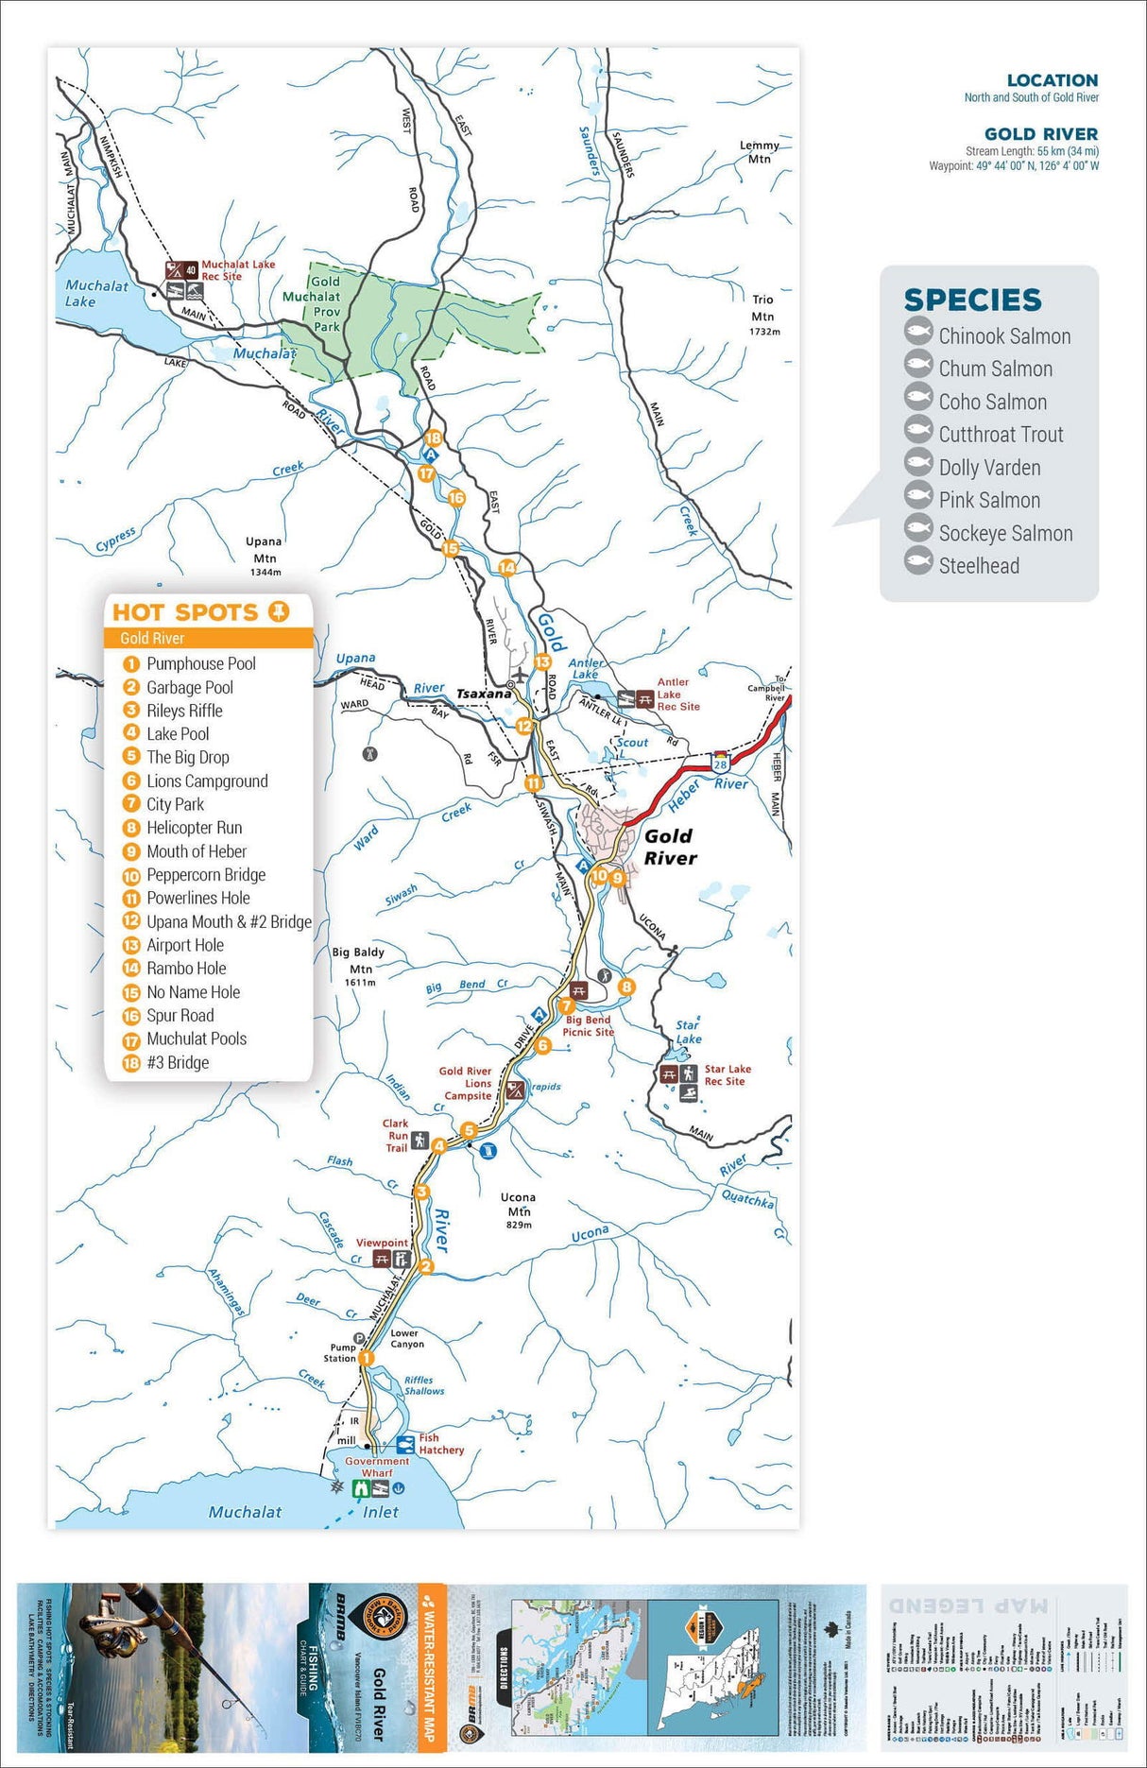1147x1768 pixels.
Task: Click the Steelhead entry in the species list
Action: click(978, 566)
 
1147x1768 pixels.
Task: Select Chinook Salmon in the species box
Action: click(1003, 336)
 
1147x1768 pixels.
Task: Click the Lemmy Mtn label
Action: click(759, 152)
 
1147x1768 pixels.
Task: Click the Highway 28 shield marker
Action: click(720, 764)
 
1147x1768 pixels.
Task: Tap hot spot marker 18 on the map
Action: click(433, 438)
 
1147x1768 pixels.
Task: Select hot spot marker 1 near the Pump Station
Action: click(367, 1358)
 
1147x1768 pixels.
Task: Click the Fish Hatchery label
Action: click(441, 1444)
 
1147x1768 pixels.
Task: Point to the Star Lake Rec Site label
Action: click(727, 1075)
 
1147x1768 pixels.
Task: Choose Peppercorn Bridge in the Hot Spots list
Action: click(206, 875)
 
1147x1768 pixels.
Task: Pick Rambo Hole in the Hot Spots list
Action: click(186, 969)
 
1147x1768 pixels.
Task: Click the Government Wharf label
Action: click(377, 1467)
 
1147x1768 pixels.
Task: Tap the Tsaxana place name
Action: click(484, 694)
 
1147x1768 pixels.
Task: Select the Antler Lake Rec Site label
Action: click(676, 694)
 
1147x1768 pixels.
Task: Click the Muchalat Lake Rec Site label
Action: click(237, 270)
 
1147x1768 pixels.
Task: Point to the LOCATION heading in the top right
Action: click(1052, 80)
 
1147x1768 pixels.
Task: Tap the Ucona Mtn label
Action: click(518, 1204)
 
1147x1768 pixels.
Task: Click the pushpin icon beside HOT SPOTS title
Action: click(278, 611)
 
